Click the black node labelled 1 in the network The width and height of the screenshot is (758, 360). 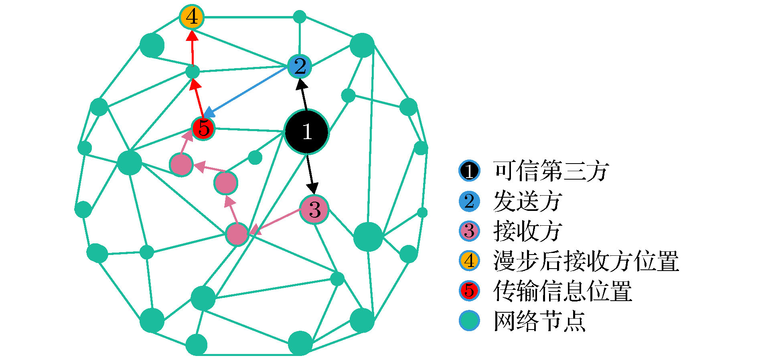point(307,131)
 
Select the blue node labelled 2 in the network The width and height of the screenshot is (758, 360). point(300,66)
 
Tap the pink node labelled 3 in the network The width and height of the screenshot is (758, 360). point(314,209)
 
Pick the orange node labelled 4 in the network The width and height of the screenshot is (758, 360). point(192,17)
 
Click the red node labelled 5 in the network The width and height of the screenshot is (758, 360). point(203,128)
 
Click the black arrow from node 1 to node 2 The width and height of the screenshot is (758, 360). point(303,94)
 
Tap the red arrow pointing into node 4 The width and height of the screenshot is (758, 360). point(193,48)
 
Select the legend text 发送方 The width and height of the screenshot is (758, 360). point(527,201)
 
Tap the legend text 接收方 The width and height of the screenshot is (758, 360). point(527,231)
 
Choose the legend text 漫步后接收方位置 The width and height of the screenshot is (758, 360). point(586,261)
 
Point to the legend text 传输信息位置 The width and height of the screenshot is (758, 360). point(563,291)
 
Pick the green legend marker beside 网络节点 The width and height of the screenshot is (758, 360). point(470,321)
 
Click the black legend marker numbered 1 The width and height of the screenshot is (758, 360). point(470,171)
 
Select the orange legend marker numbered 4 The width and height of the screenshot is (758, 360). point(470,261)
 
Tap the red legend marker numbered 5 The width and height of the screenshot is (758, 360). point(470,291)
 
